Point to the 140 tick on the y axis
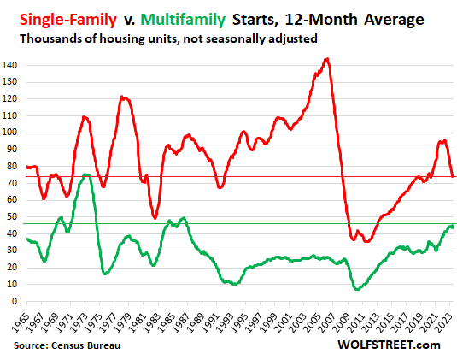click(14, 65)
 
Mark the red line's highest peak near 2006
click(326, 59)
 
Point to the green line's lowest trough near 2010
click(355, 289)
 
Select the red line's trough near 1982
click(155, 218)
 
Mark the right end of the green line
click(452, 226)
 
